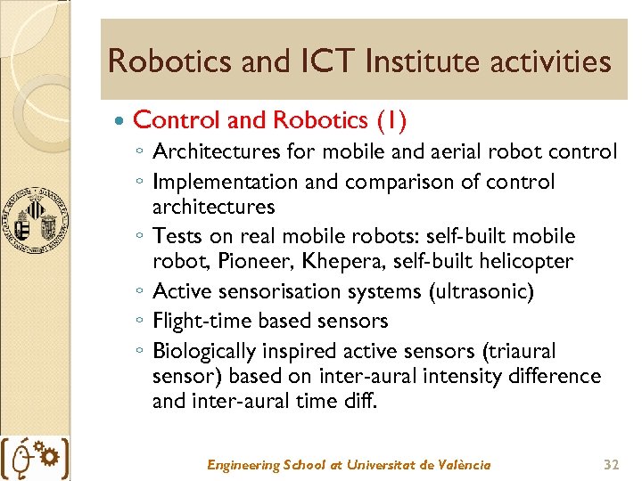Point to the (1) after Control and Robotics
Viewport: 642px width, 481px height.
(392, 119)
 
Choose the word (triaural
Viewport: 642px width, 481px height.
(515, 350)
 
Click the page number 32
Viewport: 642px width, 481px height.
(610, 465)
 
